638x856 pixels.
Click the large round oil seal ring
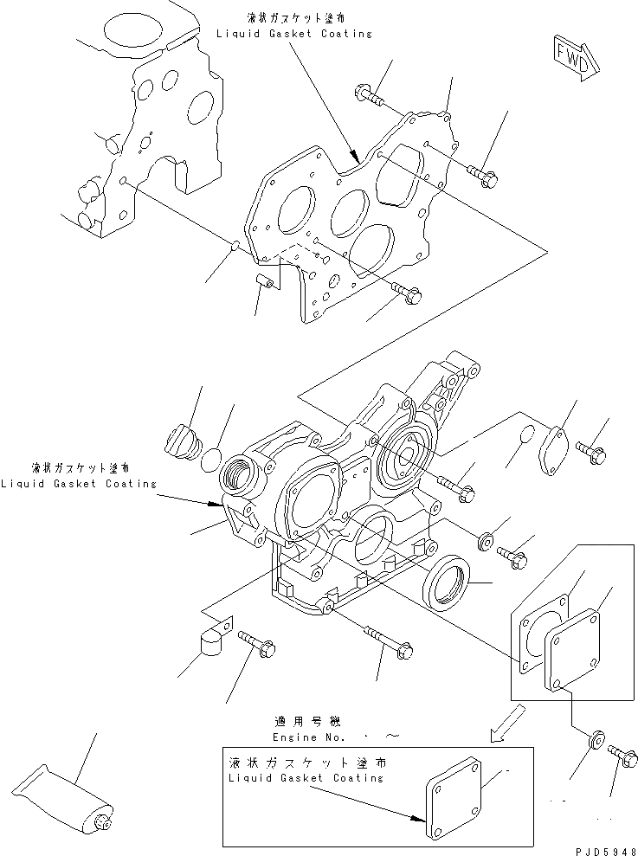(447, 586)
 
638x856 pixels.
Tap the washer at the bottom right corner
(596, 741)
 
